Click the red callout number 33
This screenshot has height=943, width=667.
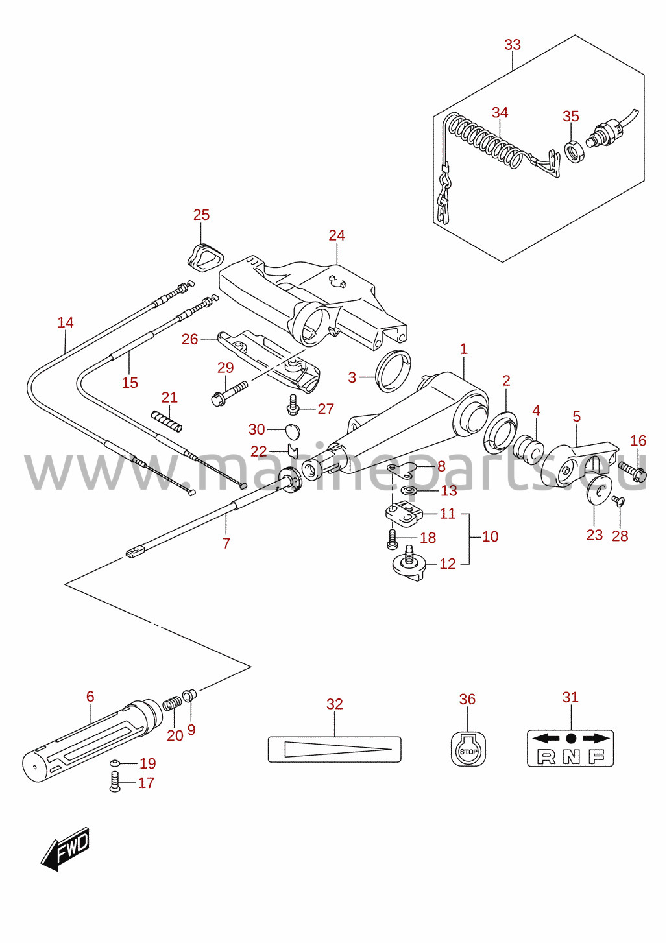(513, 45)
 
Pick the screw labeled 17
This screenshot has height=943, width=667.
(115, 782)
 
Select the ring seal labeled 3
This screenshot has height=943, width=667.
(393, 370)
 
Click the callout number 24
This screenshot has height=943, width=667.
(337, 235)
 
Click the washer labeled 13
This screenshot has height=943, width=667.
(408, 490)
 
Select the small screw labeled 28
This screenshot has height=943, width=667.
(618, 501)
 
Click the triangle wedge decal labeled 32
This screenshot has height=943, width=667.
(334, 749)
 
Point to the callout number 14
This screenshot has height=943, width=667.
(66, 323)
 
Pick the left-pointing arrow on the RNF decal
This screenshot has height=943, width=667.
(546, 737)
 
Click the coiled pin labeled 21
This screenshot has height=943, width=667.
(167, 421)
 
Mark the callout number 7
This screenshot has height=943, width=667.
(226, 543)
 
